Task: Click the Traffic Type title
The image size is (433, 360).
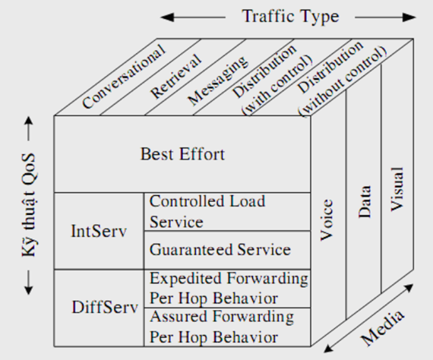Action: [290, 17]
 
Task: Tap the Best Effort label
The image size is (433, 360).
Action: [182, 154]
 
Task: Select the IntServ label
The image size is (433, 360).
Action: [99, 231]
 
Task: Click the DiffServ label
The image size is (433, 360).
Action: [105, 307]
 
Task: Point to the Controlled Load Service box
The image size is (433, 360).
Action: [227, 212]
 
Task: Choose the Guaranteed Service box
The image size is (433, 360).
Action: [227, 250]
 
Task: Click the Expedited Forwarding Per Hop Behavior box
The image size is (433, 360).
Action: [227, 289]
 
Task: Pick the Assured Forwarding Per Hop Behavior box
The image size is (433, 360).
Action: [227, 327]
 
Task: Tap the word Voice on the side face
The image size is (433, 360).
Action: [327, 219]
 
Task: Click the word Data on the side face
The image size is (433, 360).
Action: [365, 202]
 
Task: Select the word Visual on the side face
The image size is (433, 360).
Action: [397, 189]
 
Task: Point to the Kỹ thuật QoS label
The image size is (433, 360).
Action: [29, 205]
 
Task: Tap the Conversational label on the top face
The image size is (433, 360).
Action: [124, 76]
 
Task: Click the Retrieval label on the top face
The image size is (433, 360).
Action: [176, 76]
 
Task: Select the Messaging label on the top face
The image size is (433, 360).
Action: [217, 81]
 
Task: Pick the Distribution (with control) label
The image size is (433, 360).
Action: [272, 78]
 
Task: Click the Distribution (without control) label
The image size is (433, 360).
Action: [343, 78]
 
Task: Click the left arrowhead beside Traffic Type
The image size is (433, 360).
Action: [167, 17]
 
